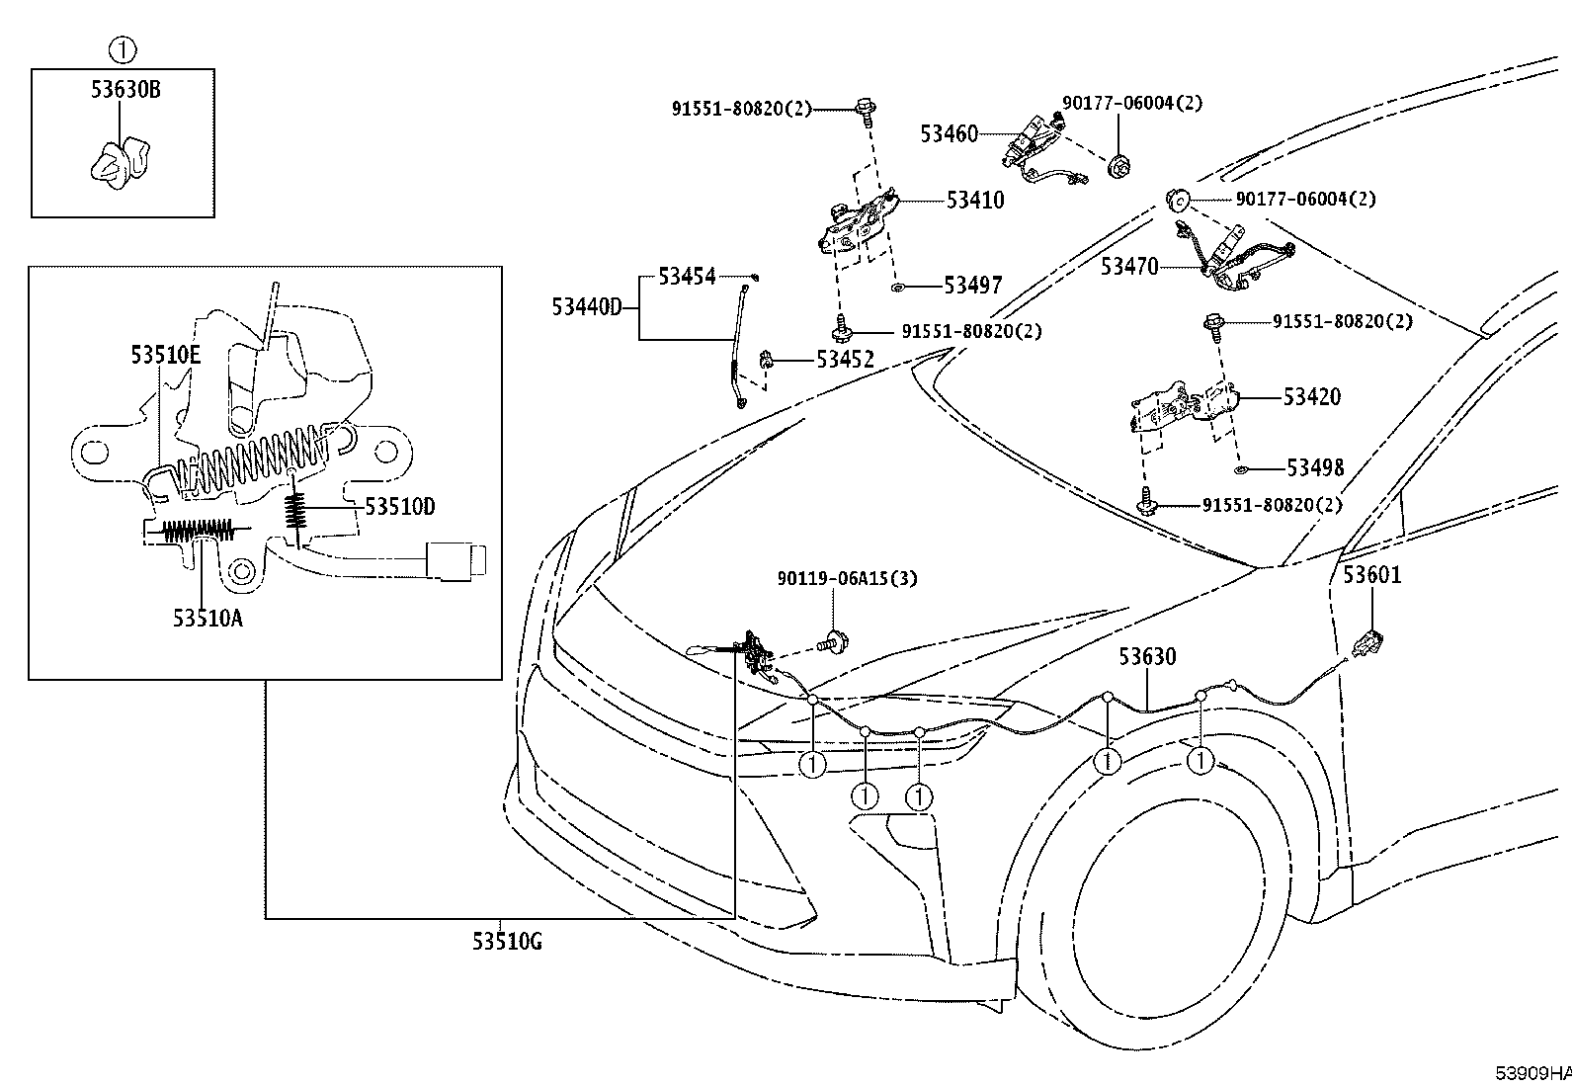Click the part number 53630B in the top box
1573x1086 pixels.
(x=125, y=89)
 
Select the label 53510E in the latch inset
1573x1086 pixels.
(x=166, y=355)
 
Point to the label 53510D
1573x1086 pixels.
(x=400, y=507)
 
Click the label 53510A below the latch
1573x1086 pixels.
(x=207, y=618)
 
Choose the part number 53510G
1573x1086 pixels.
(x=507, y=941)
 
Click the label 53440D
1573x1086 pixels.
(x=587, y=307)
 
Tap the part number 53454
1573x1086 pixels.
(x=687, y=277)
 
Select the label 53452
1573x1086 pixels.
(x=845, y=360)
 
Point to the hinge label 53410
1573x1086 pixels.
(x=975, y=201)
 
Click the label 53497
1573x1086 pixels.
(x=972, y=286)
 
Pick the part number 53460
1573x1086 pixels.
(x=950, y=133)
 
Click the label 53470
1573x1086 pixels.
(x=1129, y=267)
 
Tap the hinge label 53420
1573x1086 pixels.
(x=1312, y=397)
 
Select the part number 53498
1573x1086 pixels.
(x=1315, y=467)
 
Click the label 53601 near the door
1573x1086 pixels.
(x=1372, y=574)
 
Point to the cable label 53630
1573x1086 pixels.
(x=1147, y=657)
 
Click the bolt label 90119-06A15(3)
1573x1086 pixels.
(x=847, y=579)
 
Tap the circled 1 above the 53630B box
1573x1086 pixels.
(x=123, y=49)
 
